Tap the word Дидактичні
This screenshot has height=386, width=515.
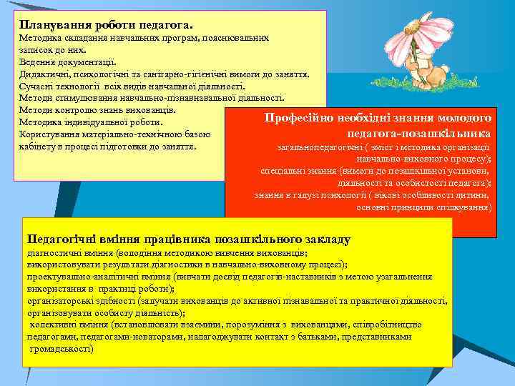(x=45, y=74)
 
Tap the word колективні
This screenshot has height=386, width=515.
(x=52, y=325)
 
